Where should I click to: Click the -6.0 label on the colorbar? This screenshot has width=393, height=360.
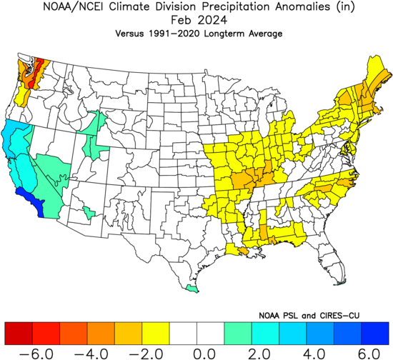click(x=36, y=354)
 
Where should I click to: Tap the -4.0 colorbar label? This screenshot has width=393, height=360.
click(x=91, y=354)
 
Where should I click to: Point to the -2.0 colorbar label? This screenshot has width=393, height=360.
click(x=146, y=354)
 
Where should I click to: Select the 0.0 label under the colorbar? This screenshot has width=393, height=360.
click(x=204, y=354)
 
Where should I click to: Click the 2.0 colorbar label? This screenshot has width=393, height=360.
click(x=259, y=354)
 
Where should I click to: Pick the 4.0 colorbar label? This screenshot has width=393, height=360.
click(x=314, y=354)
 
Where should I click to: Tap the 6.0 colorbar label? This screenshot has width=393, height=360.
click(x=369, y=354)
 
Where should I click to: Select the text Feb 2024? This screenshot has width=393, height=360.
click(x=199, y=20)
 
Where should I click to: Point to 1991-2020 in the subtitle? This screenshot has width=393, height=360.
click(x=174, y=34)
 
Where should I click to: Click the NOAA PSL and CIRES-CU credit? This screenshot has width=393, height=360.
click(x=309, y=316)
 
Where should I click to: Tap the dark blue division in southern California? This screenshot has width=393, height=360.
click(x=30, y=201)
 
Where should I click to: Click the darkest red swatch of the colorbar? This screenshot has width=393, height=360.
click(x=19, y=334)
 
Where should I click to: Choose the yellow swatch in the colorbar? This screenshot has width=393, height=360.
click(x=156, y=334)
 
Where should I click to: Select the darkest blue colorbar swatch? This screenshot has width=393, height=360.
click(x=375, y=334)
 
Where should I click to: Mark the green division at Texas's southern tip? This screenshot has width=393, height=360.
click(x=191, y=289)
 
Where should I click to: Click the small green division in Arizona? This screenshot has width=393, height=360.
click(x=89, y=213)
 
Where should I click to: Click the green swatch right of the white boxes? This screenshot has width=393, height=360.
click(x=238, y=334)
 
